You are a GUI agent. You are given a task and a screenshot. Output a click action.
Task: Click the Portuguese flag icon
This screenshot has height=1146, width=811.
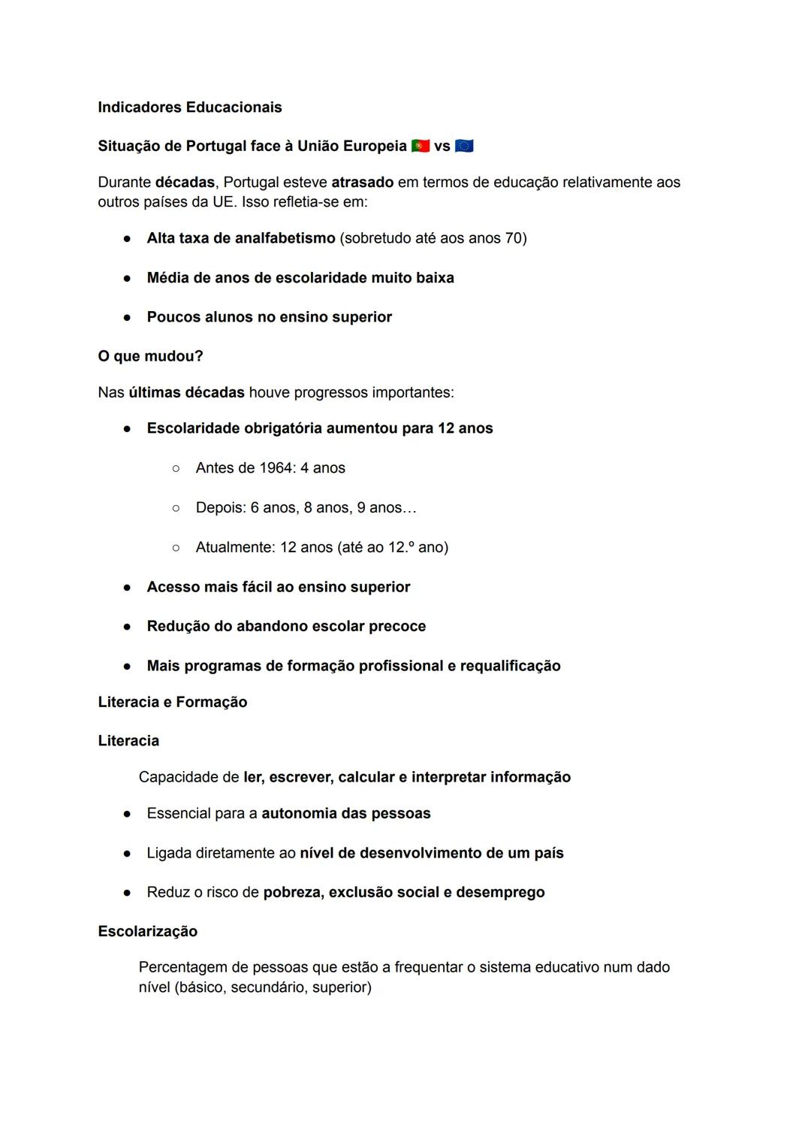pos(421,146)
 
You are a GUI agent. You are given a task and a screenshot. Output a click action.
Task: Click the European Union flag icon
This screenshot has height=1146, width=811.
pos(464,146)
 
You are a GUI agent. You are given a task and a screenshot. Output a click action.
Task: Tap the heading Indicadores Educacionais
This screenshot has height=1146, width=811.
pos(190,107)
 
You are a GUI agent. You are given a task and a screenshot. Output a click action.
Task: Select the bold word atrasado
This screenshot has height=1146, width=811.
pos(362,183)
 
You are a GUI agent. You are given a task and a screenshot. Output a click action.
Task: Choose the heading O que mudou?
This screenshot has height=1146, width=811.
pos(150,356)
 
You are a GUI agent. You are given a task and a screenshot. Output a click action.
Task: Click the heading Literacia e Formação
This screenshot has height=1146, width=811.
pos(173,702)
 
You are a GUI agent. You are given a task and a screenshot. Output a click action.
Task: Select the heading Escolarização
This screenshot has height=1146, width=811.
pos(148,931)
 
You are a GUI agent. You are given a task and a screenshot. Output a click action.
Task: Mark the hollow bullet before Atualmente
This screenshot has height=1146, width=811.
pos(176,548)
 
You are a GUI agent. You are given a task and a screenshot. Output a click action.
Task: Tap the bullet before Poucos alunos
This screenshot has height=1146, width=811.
pos(128,318)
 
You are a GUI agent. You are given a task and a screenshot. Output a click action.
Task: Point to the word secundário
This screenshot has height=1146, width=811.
pos(267,987)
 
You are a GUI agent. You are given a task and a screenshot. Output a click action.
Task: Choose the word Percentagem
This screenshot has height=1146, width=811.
pos(182,967)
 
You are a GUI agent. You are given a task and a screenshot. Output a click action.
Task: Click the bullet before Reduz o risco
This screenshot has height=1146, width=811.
pos(128,893)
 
